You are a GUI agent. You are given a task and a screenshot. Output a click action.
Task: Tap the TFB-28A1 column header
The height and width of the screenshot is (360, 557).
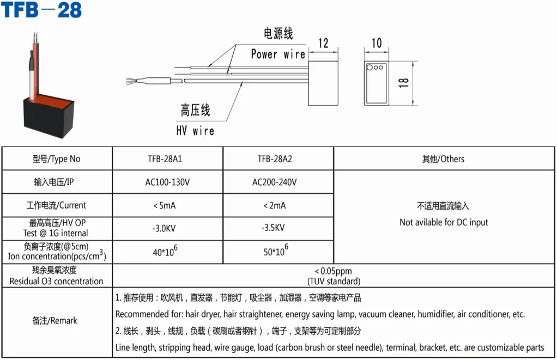pyautogui.click(x=167, y=159)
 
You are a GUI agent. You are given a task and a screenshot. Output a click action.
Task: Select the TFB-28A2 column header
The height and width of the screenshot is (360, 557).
pyautogui.click(x=278, y=159)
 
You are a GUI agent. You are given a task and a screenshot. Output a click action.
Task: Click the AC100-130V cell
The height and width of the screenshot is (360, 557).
pyautogui.click(x=167, y=182)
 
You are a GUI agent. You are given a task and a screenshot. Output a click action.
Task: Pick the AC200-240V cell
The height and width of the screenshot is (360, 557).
pyautogui.click(x=278, y=182)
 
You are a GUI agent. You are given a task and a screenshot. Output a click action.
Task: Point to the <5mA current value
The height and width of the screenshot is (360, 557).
pyautogui.click(x=167, y=205)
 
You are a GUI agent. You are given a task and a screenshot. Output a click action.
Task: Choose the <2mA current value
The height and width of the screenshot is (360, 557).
pyautogui.click(x=278, y=205)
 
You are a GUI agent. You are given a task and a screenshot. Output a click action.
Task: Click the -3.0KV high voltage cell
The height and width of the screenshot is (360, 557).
pyautogui.click(x=167, y=228)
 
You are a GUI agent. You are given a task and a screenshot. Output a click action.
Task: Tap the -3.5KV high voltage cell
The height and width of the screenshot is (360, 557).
pyautogui.click(x=278, y=228)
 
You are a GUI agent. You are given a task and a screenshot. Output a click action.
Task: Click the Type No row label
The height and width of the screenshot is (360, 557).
pyautogui.click(x=57, y=159)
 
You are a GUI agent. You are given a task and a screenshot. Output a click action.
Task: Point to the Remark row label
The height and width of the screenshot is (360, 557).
pyautogui.click(x=57, y=321)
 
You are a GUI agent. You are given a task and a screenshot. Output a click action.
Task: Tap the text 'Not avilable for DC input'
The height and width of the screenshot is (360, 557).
pyautogui.click(x=444, y=222)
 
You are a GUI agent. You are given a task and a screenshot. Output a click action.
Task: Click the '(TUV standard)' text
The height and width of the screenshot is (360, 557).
pyautogui.click(x=334, y=281)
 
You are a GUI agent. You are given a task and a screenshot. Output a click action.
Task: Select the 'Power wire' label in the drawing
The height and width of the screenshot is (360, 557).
pyautogui.click(x=277, y=54)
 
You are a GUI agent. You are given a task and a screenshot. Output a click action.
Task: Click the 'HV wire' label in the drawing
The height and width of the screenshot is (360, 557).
pyautogui.click(x=195, y=131)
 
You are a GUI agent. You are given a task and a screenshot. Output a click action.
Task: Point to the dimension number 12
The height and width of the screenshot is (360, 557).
pyautogui.click(x=323, y=43)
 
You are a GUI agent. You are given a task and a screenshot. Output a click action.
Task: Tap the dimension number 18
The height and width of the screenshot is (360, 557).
pyautogui.click(x=404, y=83)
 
